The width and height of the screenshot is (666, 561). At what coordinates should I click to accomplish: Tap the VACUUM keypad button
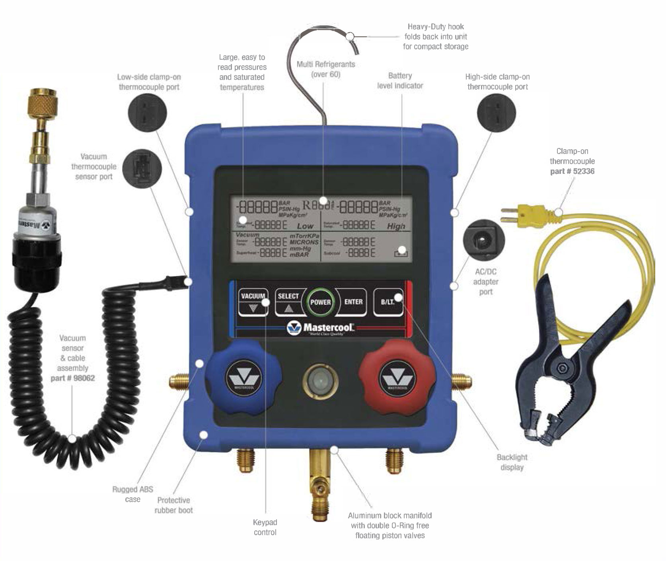click(x=253, y=302)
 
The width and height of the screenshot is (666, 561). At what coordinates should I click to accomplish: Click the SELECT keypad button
click(x=288, y=302)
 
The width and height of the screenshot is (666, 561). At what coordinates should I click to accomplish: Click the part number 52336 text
click(x=573, y=171)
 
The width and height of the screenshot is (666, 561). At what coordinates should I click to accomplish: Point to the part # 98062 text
click(x=73, y=378)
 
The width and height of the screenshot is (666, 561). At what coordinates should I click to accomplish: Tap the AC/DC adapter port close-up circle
click(x=484, y=241)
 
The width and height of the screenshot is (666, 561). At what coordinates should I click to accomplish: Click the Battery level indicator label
click(x=400, y=81)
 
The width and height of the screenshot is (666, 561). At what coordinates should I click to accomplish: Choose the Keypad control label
click(x=265, y=527)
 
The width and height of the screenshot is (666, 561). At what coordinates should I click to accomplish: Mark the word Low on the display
click(x=305, y=226)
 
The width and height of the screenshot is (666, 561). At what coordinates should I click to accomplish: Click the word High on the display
click(x=396, y=226)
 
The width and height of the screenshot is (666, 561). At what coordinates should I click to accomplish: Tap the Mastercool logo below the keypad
click(x=321, y=328)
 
